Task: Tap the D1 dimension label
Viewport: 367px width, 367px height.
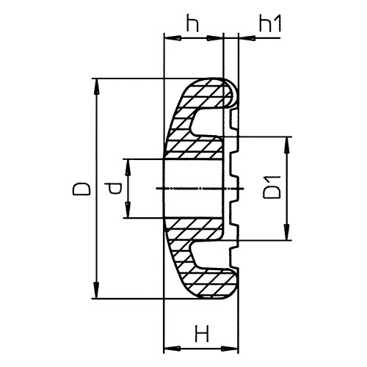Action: (271, 189)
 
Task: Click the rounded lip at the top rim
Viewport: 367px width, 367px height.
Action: (233, 92)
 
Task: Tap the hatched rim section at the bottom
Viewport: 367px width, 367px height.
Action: (206, 283)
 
